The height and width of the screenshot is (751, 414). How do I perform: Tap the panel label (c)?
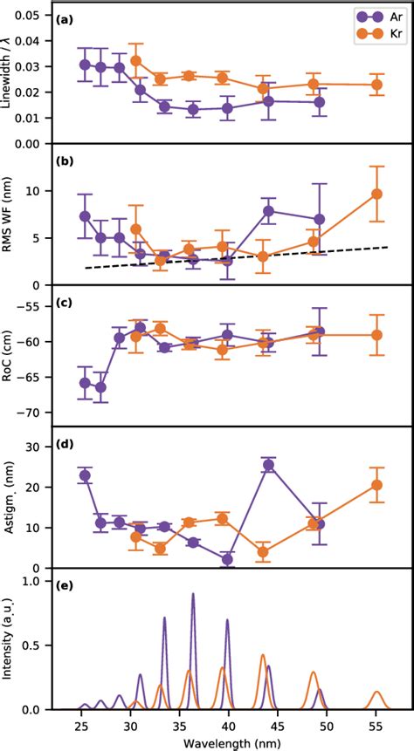coord(66,304)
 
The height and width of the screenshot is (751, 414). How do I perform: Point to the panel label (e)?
coord(66,586)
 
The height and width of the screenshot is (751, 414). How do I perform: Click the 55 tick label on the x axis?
coord(376,725)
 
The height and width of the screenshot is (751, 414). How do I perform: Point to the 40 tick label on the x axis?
coord(229,725)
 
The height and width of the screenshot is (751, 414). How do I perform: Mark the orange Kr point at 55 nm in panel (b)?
coord(376,194)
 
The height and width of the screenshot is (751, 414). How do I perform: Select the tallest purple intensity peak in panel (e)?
coord(193,595)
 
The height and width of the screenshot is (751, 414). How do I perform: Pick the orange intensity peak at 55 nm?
coord(376,693)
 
